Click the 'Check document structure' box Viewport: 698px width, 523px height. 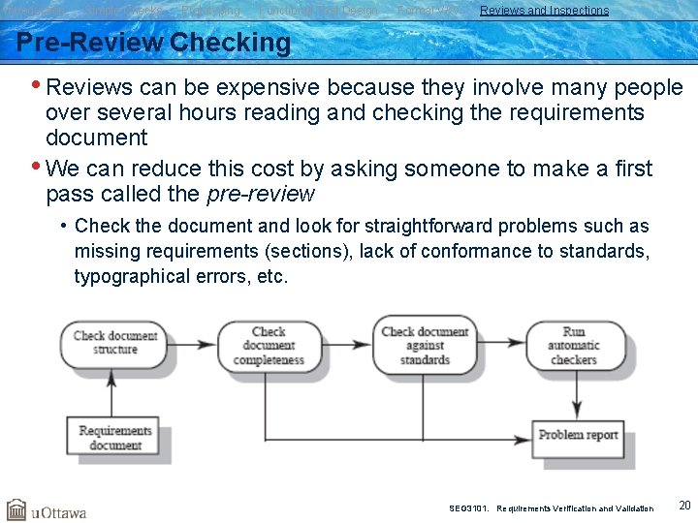click(x=114, y=343)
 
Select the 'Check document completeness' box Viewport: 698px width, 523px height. click(x=269, y=346)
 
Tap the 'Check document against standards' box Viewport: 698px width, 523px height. click(x=425, y=346)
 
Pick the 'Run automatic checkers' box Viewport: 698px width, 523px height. click(x=574, y=345)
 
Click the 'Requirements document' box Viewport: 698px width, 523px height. click(x=114, y=438)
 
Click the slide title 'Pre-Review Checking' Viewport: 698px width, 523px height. click(x=153, y=44)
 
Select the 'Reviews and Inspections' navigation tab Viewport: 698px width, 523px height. click(x=544, y=11)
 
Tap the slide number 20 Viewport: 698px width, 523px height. click(x=684, y=505)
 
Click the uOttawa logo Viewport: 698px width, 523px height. click(x=47, y=510)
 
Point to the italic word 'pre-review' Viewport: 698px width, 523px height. click(x=261, y=194)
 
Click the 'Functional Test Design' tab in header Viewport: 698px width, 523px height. click(x=318, y=11)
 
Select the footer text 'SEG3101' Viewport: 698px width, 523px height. click(x=469, y=508)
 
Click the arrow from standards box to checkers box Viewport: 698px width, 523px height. click(x=501, y=344)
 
